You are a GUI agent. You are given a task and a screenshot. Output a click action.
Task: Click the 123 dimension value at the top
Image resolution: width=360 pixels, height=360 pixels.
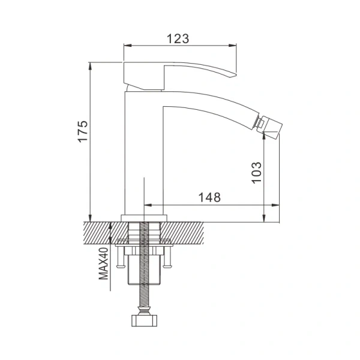click(178, 38)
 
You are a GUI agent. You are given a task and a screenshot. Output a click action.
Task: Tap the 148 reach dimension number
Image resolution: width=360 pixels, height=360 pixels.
click(209, 197)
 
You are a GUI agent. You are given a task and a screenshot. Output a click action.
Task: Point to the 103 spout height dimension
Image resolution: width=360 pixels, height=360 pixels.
click(256, 173)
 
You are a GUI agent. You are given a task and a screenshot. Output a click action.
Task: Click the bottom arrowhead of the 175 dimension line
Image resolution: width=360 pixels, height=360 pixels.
click(90, 218)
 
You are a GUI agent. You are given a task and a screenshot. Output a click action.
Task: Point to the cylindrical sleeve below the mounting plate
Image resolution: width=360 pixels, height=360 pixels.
click(144, 270)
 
